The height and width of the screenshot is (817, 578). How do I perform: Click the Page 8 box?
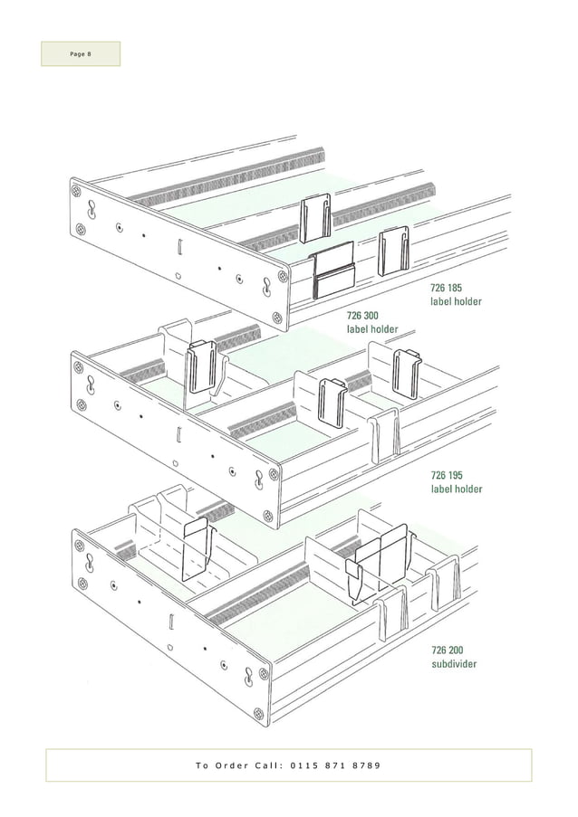click(80, 53)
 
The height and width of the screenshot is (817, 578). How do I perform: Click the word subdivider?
click(454, 664)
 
